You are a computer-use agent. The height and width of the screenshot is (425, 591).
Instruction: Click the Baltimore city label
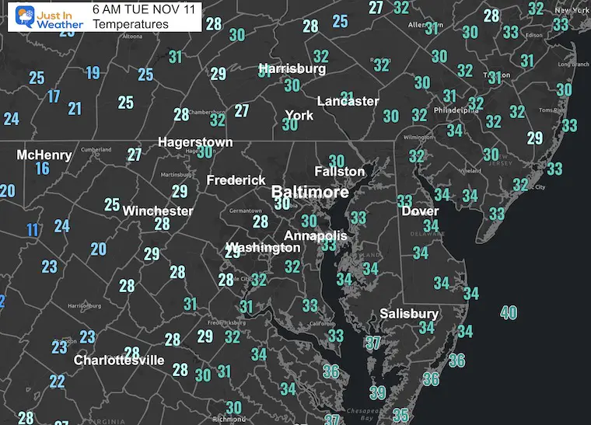(309, 190)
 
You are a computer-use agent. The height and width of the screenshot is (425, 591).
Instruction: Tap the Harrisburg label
(292, 68)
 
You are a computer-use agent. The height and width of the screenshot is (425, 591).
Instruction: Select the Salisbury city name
(409, 314)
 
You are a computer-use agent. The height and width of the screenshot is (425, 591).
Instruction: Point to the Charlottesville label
(119, 361)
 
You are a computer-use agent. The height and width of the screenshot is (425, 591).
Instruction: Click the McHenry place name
(44, 155)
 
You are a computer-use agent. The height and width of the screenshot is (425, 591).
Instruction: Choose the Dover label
(420, 211)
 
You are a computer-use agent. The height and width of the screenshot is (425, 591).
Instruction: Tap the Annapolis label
(315, 235)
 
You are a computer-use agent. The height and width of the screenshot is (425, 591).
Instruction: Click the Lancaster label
(348, 101)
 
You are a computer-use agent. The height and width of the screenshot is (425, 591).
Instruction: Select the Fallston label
(339, 171)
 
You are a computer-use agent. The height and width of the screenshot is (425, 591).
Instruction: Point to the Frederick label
(236, 180)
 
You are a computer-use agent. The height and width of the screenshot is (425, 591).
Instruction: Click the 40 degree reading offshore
(509, 313)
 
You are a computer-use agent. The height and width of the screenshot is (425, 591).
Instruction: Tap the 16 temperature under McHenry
(42, 169)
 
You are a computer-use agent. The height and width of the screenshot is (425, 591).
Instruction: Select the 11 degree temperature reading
(32, 230)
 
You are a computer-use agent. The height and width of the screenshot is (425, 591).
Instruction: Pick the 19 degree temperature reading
(93, 73)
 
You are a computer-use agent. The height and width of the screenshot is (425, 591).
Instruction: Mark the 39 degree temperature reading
(378, 392)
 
